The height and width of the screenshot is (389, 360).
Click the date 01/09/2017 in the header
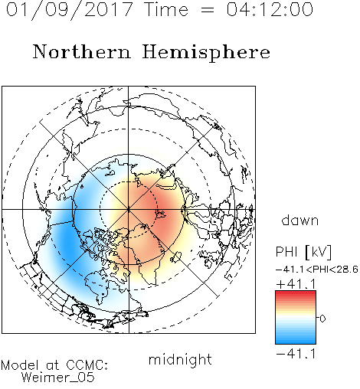pos(70,10)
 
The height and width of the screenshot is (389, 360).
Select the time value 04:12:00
pos(270,9)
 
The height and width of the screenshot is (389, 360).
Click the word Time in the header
pos(166,9)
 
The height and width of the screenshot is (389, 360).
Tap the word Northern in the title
pos(82,51)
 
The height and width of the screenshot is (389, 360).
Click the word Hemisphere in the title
pos(206,53)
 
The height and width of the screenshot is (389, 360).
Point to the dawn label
pos(300,220)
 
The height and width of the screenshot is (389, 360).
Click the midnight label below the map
pos(180,359)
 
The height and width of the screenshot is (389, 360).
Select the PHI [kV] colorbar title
pos(303,252)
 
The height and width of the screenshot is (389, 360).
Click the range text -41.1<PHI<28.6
pos(317,270)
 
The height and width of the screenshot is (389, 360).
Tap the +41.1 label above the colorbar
pos(296,284)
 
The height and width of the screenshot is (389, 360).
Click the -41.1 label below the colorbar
pos(296,354)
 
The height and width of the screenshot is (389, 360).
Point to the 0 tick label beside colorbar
pos(322,319)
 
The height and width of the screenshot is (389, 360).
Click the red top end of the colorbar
pos(296,293)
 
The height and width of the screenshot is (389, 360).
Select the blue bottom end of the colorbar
pos(296,342)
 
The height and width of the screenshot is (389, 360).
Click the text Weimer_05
pos(58,378)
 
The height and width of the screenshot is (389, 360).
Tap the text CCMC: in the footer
pos(87,365)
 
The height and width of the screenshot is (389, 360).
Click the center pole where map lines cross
pos(129,210)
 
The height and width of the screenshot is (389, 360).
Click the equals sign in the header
pos(208,10)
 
